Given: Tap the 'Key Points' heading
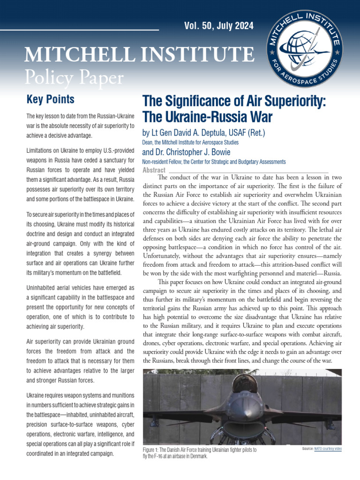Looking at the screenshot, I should pos(50,99).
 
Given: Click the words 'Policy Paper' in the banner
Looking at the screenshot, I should pos(75,76).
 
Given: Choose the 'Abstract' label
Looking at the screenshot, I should pos(154,170).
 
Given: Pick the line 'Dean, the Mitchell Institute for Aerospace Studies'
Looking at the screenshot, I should pos(190,142).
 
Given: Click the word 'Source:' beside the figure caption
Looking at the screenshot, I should pos(308,449).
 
